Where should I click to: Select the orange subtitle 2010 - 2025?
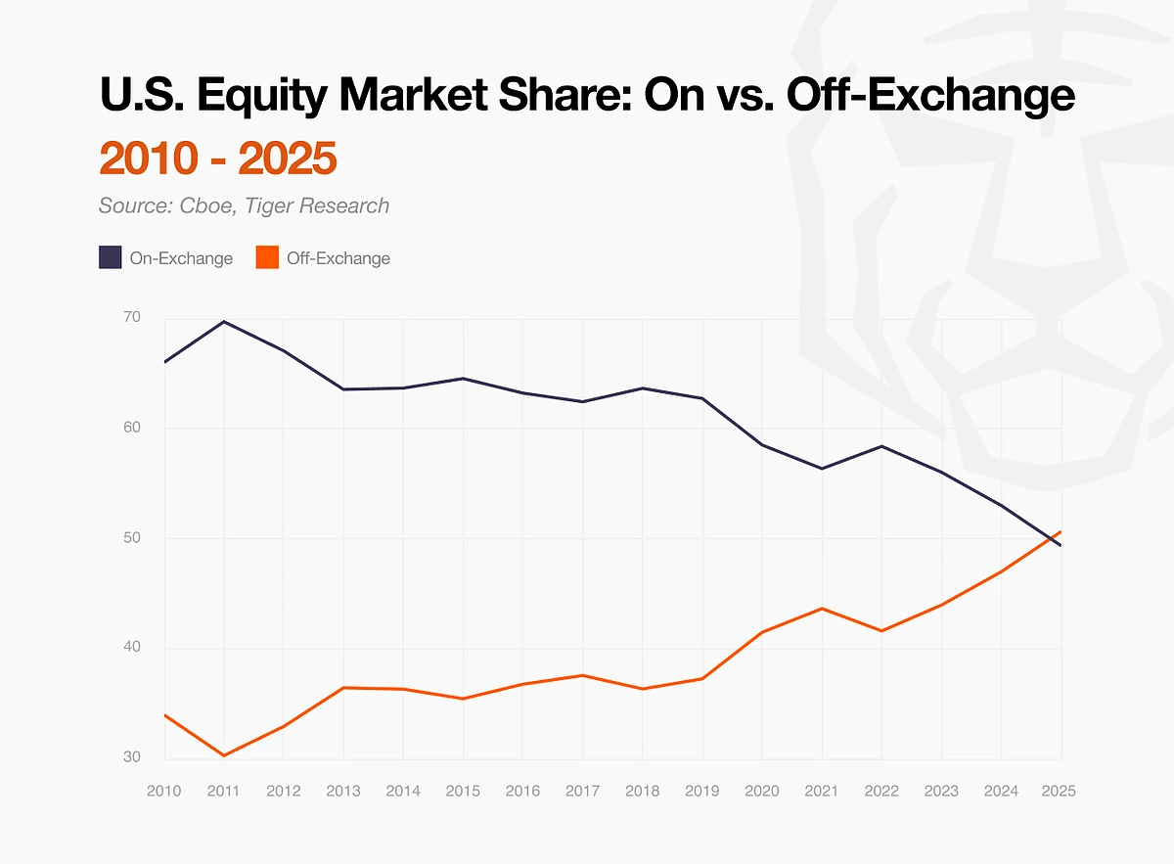pos(217,159)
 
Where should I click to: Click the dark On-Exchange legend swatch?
pos(110,258)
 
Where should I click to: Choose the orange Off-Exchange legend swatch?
pos(267,258)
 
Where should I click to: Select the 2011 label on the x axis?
pos(223,791)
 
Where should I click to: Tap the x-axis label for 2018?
pos(643,791)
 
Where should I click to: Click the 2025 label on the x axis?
pos(1059,791)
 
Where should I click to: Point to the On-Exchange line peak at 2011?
pos(224,321)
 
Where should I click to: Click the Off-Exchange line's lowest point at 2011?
pos(224,755)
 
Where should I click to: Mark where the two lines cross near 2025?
pos(1051,538)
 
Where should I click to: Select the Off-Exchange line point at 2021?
pos(822,609)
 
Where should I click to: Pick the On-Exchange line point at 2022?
pos(882,446)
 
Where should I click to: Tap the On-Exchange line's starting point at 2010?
pos(164,362)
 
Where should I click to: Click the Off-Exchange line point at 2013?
pos(343,688)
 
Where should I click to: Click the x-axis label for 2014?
pos(403,791)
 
